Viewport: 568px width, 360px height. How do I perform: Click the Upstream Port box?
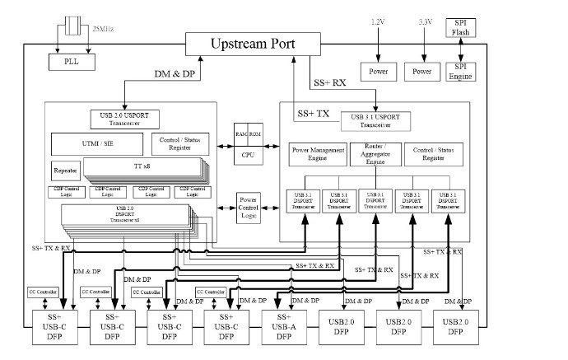253,44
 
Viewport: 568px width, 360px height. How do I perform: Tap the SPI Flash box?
459,28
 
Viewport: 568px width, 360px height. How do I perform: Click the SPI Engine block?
459,71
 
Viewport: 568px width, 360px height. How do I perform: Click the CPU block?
248,153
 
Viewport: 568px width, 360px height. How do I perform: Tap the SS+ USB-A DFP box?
284,326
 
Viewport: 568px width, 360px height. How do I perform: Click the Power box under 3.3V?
421,72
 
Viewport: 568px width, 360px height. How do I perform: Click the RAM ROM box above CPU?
248,134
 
